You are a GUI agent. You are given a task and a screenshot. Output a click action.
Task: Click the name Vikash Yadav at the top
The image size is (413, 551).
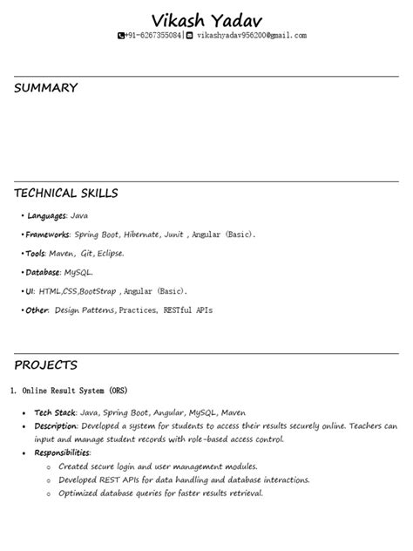coord(206,19)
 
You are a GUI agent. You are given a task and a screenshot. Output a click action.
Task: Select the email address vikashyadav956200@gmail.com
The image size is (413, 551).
coord(251,36)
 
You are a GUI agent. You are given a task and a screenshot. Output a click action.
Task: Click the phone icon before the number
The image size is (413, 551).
coord(121,36)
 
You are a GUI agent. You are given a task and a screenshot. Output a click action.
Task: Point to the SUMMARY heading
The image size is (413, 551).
coord(45,88)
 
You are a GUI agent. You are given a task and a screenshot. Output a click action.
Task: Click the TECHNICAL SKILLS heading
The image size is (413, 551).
coord(65,193)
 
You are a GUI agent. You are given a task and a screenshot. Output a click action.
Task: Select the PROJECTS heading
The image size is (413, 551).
coord(45,364)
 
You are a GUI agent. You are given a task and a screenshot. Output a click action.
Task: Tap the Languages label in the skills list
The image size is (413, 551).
coord(46,215)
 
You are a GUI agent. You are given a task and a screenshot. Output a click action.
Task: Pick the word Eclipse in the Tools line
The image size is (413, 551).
coord(109,254)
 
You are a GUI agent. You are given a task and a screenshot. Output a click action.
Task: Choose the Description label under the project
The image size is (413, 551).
coord(56,426)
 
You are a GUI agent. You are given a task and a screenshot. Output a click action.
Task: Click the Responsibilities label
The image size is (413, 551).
coord(62,453)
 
